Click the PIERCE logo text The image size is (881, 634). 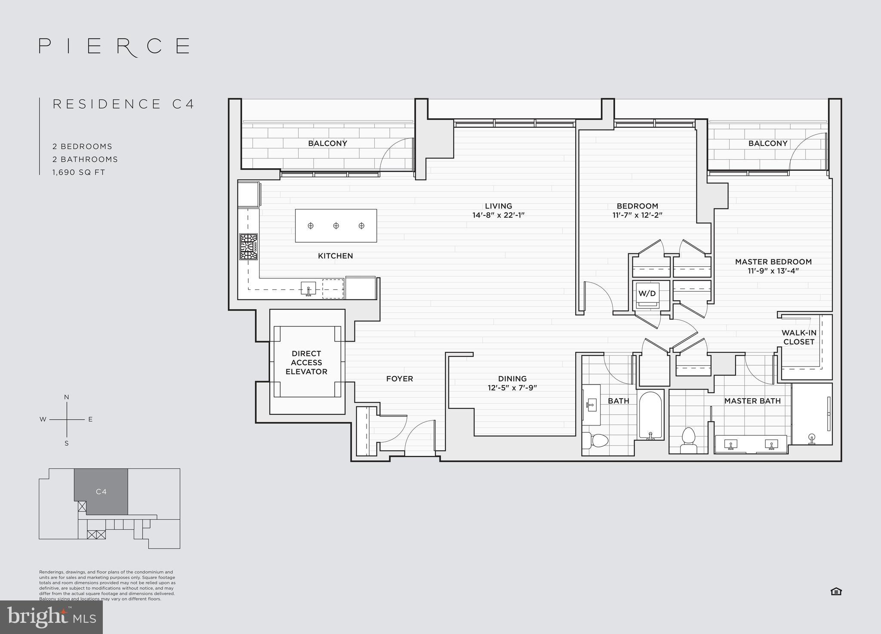click(114, 46)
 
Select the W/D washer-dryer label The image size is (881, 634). click(647, 294)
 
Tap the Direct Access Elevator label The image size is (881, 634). click(306, 363)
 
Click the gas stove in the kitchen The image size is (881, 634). click(249, 247)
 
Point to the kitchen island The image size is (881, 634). click(336, 226)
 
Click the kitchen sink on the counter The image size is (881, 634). click(308, 288)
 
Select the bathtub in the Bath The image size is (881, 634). click(650, 415)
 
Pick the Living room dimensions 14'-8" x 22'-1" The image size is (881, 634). click(498, 215)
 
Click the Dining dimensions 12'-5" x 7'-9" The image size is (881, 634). click(512, 388)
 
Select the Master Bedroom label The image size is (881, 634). click(773, 262)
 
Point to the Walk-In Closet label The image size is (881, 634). click(798, 338)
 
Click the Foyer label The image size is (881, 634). click(399, 379)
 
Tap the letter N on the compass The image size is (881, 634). click(66, 397)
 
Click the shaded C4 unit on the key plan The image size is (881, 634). click(101, 491)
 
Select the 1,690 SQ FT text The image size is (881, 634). click(79, 172)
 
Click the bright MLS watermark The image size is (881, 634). click(51, 618)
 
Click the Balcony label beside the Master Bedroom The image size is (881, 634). click(767, 144)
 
